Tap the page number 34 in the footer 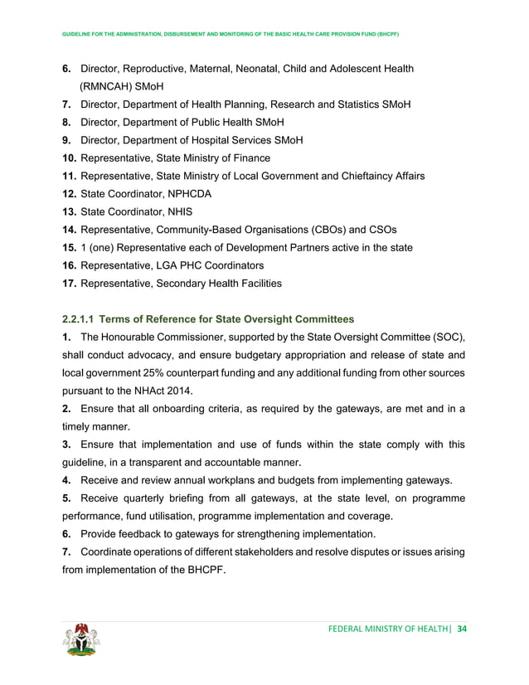click(x=462, y=628)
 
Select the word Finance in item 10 click(x=250, y=158)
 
